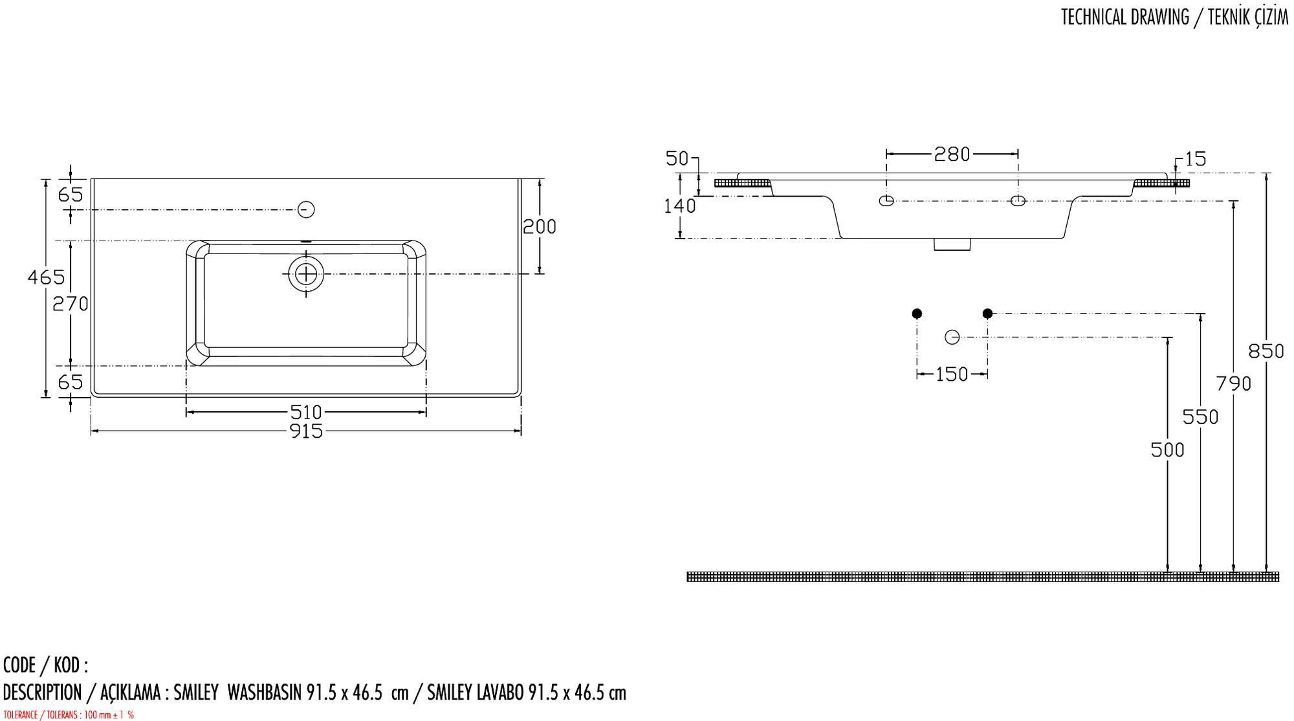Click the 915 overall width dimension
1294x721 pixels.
coord(306,431)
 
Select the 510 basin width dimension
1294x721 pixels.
coord(306,412)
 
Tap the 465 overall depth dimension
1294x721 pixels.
coord(46,277)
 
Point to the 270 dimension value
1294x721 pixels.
coord(70,303)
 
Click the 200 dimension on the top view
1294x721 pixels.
coord(539,226)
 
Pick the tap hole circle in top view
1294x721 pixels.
coord(306,210)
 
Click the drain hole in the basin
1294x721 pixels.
coord(306,274)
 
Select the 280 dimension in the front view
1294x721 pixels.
coord(952,154)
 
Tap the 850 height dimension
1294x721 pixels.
coord(1266,351)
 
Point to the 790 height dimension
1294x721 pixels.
coord(1233,384)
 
